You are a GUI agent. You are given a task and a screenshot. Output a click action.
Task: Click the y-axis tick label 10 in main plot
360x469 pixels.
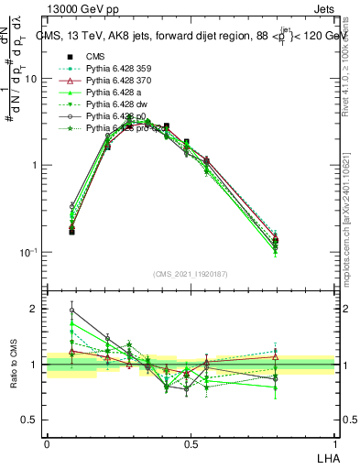click(30, 79)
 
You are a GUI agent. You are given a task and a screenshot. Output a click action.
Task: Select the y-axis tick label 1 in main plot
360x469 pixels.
click(34, 165)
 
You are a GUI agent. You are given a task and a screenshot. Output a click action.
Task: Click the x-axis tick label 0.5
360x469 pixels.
click(191, 444)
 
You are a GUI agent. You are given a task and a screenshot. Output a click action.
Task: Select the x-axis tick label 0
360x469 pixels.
click(46, 444)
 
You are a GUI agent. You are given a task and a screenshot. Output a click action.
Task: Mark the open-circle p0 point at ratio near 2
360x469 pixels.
click(71, 310)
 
